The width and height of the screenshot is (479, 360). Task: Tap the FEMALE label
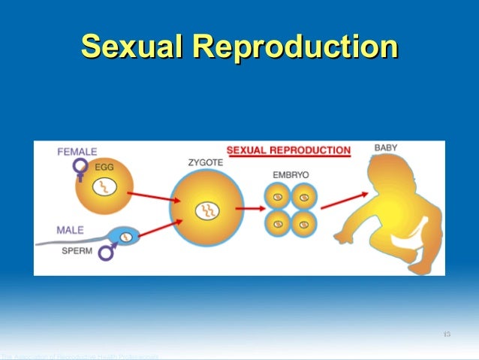click(x=77, y=152)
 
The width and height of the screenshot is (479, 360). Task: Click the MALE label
click(x=71, y=229)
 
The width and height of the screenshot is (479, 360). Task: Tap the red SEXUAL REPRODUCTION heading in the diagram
click(x=288, y=150)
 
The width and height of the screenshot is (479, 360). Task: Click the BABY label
click(x=386, y=148)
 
